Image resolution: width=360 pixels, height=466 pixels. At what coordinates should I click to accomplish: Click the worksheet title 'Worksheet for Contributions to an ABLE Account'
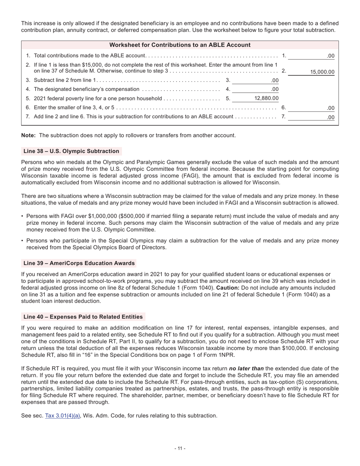point(180,45)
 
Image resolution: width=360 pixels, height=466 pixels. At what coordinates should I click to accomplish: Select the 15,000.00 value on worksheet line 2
point(322,72)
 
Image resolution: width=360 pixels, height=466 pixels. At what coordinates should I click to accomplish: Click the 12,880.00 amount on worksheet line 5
point(266,98)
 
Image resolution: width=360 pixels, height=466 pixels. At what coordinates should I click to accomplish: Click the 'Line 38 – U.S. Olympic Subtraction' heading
point(71,151)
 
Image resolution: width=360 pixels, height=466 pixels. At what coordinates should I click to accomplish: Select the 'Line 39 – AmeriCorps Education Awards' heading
point(79,263)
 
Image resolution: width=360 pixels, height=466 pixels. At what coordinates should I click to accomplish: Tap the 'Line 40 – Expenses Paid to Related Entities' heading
point(83,317)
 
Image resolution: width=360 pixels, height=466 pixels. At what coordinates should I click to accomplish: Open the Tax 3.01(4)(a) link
point(63,416)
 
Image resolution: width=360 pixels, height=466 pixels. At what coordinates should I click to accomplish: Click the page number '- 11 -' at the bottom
point(180,448)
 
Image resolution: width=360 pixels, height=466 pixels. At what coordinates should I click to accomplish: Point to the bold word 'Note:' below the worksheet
point(28,135)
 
